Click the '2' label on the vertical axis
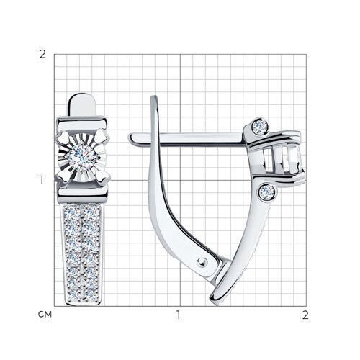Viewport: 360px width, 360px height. point(42,55)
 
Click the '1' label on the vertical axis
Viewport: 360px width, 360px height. point(42,180)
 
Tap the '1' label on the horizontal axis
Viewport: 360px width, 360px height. point(178,315)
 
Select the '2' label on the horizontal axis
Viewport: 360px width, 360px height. point(305,315)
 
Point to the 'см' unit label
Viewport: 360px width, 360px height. point(45,315)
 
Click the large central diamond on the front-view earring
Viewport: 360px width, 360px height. point(81,156)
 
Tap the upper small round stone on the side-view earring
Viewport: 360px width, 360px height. point(261,126)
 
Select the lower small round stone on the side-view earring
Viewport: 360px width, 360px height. point(267,192)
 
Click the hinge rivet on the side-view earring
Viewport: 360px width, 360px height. point(202,262)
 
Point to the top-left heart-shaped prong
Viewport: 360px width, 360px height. point(63,138)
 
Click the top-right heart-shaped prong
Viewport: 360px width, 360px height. point(101,138)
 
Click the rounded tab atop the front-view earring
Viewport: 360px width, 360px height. point(82,105)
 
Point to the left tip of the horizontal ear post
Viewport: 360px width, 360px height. point(130,140)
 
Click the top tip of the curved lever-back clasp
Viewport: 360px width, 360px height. point(154,97)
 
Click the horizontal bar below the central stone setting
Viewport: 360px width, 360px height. point(82,192)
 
